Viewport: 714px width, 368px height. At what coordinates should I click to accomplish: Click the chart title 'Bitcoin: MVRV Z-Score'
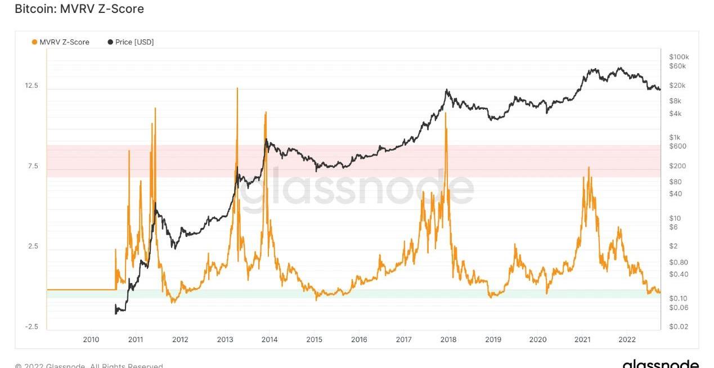pyautogui.click(x=79, y=9)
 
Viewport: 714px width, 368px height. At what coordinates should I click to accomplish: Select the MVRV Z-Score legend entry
pyautogui.click(x=60, y=42)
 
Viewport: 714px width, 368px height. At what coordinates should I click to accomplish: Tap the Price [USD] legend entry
pyautogui.click(x=131, y=42)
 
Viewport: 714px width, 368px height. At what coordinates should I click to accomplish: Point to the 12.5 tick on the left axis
pyautogui.click(x=32, y=86)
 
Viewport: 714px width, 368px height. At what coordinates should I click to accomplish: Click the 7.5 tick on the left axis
pyautogui.click(x=33, y=166)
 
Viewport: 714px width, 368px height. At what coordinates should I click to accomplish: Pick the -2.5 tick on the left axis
pyautogui.click(x=32, y=327)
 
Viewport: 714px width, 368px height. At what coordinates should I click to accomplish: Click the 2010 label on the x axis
pyautogui.click(x=91, y=339)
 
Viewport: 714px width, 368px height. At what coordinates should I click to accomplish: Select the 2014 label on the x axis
pyautogui.click(x=270, y=339)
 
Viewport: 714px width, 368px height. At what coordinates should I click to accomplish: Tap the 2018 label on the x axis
pyautogui.click(x=448, y=339)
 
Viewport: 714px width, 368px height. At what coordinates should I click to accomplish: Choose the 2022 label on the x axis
pyautogui.click(x=627, y=339)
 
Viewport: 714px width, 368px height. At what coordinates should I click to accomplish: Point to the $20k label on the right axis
pyautogui.click(x=677, y=86)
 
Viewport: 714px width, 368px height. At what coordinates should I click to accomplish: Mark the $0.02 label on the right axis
pyautogui.click(x=679, y=327)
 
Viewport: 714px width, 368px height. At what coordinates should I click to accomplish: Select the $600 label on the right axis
pyautogui.click(x=677, y=146)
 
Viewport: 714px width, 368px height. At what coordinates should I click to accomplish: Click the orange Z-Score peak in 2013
pyautogui.click(x=237, y=88)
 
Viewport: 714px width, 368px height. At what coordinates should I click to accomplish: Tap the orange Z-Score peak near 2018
pyautogui.click(x=446, y=113)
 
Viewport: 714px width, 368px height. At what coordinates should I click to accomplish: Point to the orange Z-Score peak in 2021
pyautogui.click(x=589, y=167)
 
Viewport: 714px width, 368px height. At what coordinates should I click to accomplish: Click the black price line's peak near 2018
pyautogui.click(x=447, y=89)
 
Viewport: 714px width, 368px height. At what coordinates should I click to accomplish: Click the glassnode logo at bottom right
pyautogui.click(x=661, y=363)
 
